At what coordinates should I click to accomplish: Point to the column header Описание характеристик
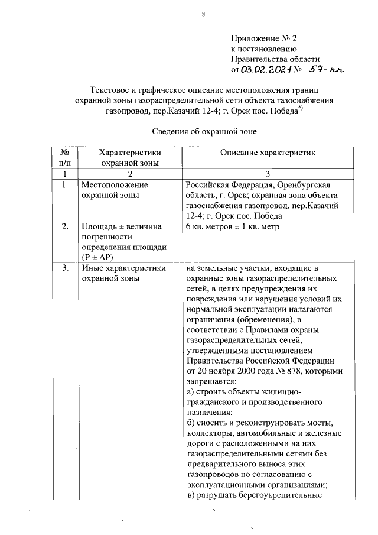pyautogui.click(x=268, y=153)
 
